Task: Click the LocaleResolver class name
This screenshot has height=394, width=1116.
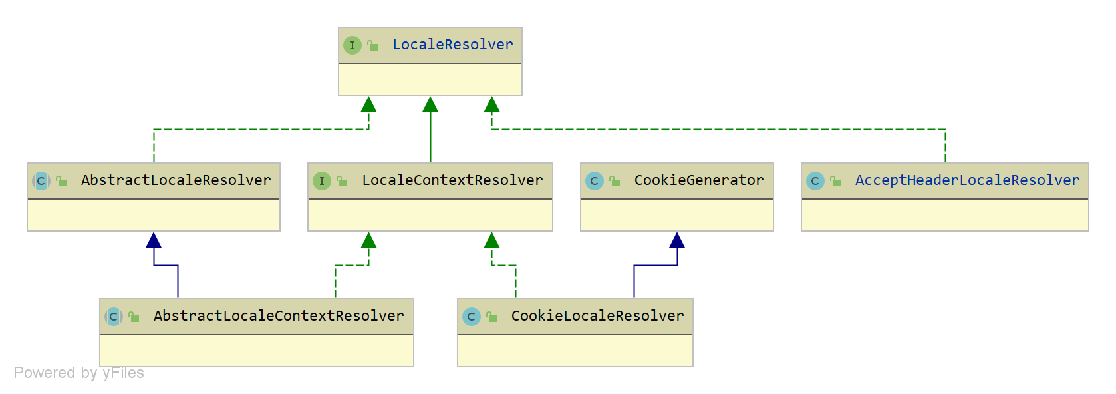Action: (452, 45)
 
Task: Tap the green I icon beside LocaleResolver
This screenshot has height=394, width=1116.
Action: (352, 45)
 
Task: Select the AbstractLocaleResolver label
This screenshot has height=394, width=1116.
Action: (176, 180)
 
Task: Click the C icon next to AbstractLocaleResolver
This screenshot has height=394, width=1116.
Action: (41, 181)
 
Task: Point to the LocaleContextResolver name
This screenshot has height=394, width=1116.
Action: (452, 180)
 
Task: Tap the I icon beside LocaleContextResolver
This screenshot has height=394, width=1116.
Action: (321, 181)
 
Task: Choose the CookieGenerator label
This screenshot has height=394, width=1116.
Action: (698, 180)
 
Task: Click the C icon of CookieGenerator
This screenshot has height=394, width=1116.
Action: (594, 181)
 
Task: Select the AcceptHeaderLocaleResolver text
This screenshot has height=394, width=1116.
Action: (967, 180)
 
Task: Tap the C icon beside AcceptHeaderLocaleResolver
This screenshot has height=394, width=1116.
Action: (815, 181)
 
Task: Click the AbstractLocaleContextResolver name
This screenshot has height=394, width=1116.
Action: (279, 316)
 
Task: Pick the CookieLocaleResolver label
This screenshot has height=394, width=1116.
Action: (597, 316)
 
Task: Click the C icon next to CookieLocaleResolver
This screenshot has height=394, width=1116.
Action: (471, 317)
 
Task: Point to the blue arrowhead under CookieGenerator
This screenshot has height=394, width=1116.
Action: (677, 240)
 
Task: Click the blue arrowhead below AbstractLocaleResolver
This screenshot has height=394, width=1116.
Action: (154, 240)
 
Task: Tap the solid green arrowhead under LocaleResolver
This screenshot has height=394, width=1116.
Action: (430, 104)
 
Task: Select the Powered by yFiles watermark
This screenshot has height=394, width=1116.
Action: (78, 373)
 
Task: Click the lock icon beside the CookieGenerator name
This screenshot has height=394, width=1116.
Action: (615, 181)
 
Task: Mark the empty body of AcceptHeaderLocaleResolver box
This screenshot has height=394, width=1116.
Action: (944, 215)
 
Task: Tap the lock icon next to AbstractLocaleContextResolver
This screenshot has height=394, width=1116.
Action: (134, 317)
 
